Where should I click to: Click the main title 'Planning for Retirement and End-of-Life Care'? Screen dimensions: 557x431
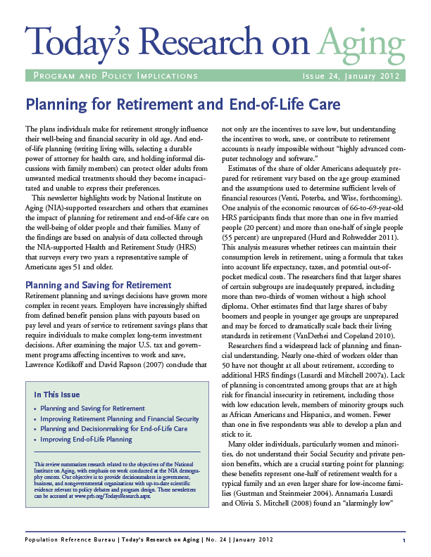point(183,105)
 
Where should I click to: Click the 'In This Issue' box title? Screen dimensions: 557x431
point(57,395)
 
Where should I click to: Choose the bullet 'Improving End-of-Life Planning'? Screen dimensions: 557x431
point(86,439)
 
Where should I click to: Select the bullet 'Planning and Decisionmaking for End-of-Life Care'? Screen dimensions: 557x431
point(113,428)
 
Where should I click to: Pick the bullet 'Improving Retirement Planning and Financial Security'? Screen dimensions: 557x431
point(119,418)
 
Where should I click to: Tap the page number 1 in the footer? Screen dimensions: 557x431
point(404,539)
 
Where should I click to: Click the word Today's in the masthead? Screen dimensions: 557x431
point(82,44)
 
